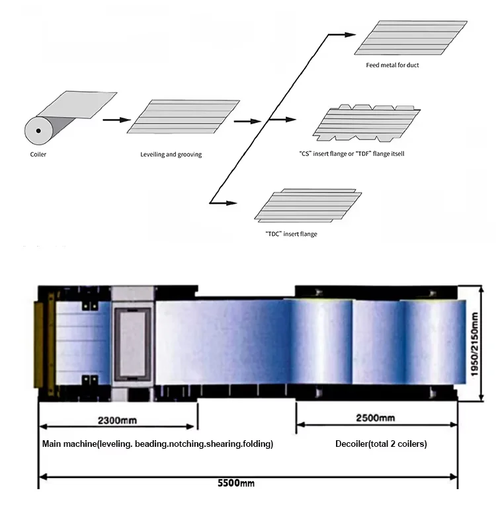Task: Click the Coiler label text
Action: click(38, 155)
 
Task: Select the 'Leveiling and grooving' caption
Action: click(171, 155)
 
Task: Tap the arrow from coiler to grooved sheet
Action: click(115, 120)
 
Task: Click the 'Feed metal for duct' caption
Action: click(392, 65)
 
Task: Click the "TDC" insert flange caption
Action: click(291, 233)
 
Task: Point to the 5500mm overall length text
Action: click(236, 483)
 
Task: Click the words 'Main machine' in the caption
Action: click(69, 444)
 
